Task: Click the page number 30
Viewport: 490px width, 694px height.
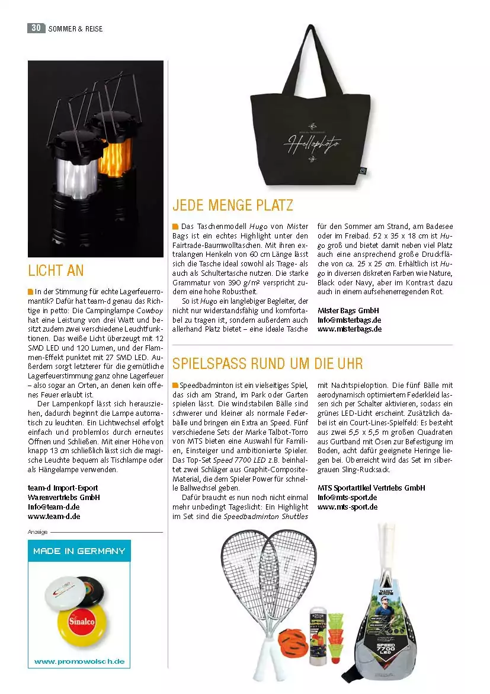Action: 36,28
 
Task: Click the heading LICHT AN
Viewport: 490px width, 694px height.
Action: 56,270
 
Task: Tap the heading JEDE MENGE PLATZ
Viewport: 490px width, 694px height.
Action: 232,206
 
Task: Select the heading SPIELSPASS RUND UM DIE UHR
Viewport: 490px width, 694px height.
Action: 267,363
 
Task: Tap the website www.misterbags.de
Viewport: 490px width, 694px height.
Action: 349,329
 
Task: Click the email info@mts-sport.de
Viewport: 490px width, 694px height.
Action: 347,497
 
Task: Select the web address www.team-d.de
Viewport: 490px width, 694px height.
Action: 54,516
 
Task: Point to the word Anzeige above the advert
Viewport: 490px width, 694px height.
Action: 38,532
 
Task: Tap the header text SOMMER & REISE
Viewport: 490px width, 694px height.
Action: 75,28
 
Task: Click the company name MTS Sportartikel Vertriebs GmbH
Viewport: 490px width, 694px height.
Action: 371,488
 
